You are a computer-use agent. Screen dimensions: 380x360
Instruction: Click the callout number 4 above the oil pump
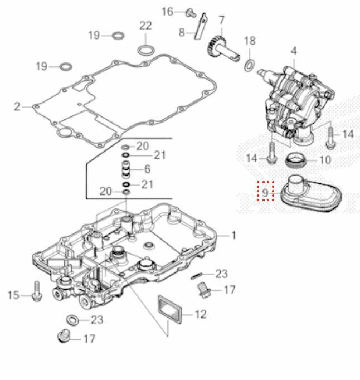coord(294,51)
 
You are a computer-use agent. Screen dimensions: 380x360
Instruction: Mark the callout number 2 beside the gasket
coord(17,106)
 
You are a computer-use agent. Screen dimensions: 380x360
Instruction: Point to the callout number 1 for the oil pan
coord(233,236)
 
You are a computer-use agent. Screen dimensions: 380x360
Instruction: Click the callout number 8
coord(182,32)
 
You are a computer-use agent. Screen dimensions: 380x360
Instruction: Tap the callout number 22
coord(145,26)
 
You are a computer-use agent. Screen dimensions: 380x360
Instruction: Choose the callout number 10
coord(325,160)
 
